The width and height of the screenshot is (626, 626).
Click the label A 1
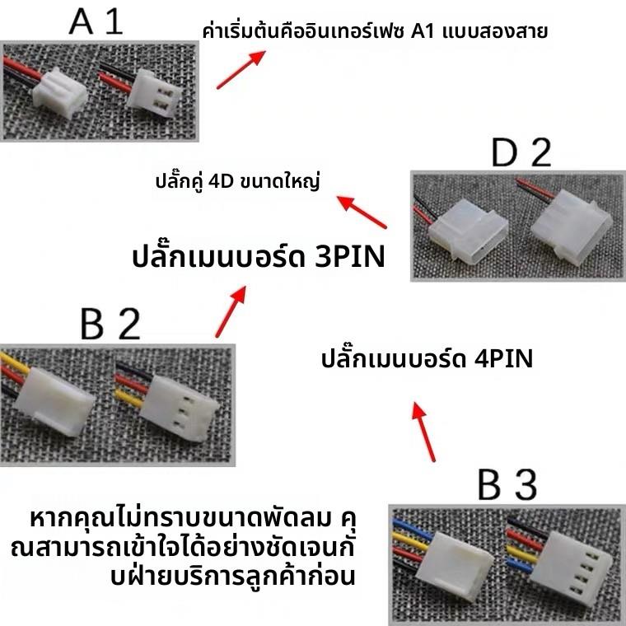pyautogui.click(x=96, y=21)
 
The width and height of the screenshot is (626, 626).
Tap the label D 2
pyautogui.click(x=521, y=154)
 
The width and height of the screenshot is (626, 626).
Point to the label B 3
pyautogui.click(x=508, y=485)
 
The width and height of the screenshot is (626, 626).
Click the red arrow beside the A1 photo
pyautogui.click(x=241, y=69)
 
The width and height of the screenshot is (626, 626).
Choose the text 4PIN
pyautogui.click(x=504, y=360)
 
